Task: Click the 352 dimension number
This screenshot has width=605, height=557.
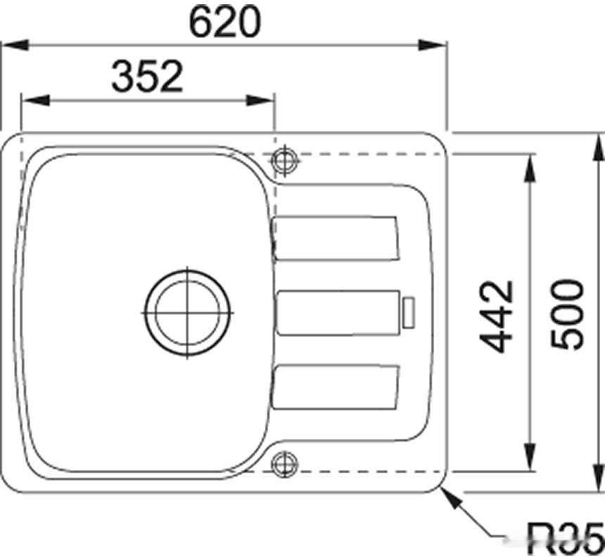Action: (x=147, y=77)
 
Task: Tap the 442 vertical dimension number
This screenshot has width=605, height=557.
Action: (x=497, y=316)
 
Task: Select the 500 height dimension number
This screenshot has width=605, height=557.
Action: (x=568, y=314)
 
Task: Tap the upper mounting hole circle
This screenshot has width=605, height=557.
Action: (x=284, y=160)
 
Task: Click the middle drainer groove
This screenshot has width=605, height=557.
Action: (x=335, y=312)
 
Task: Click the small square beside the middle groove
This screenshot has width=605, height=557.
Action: (x=407, y=312)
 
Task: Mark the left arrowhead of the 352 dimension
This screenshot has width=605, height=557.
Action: (x=32, y=100)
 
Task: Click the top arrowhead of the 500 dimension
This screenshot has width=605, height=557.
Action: (x=599, y=144)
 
